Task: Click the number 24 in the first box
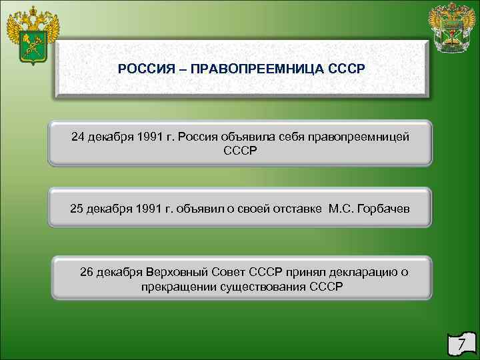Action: click(x=78, y=137)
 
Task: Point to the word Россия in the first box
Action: click(x=201, y=137)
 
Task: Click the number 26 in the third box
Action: click(x=87, y=272)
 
